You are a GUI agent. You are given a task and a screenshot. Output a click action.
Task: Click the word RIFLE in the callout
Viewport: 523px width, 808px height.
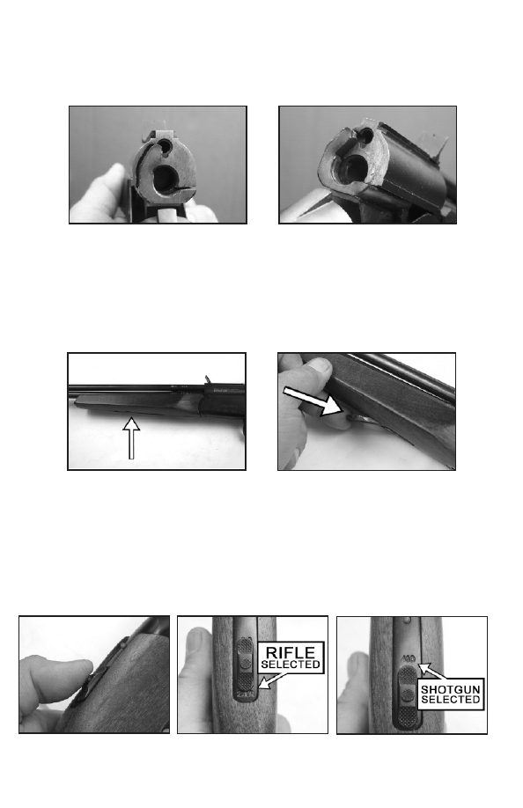(x=290, y=652)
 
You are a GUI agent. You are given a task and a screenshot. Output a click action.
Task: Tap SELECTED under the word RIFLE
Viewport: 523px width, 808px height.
(x=291, y=665)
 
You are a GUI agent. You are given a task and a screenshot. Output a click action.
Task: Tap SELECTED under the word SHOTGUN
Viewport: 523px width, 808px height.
(x=450, y=699)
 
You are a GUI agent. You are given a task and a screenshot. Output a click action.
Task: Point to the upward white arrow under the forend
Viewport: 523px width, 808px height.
(x=131, y=438)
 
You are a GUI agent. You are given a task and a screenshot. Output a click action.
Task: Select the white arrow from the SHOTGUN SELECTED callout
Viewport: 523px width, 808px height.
(x=431, y=672)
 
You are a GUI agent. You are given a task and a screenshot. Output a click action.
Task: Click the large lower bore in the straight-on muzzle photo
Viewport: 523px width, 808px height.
(x=166, y=179)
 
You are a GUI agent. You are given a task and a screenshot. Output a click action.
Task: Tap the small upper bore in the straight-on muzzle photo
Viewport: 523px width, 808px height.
(x=165, y=145)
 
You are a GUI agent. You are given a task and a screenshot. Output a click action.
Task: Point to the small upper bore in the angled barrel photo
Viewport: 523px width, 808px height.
(x=364, y=136)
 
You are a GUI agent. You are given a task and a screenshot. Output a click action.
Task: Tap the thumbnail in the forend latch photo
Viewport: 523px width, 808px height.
(x=321, y=365)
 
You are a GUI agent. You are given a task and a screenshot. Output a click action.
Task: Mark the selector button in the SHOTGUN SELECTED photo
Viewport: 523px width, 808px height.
(x=407, y=695)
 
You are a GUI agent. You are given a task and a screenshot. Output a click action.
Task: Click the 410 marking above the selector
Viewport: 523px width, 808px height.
(x=409, y=659)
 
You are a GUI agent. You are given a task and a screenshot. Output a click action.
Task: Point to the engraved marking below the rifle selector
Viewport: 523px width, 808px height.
(x=244, y=695)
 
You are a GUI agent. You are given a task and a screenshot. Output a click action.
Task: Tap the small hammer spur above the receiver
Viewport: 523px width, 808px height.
(x=208, y=379)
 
